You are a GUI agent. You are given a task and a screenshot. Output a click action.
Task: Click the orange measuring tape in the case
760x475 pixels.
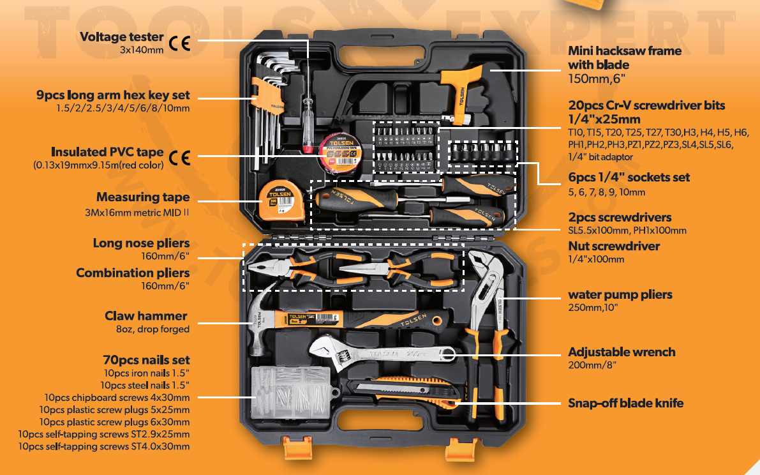(276, 199)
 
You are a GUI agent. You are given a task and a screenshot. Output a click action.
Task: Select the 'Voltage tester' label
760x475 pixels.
(121, 37)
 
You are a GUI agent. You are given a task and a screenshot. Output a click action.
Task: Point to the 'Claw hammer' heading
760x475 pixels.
(146, 316)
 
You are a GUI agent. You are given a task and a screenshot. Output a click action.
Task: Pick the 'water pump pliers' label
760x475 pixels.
(620, 295)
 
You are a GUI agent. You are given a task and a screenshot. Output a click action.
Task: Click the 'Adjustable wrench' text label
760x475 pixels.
(622, 352)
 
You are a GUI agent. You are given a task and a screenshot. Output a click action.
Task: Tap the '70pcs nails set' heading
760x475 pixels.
(146, 360)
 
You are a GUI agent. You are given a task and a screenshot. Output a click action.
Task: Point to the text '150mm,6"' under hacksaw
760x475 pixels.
(597, 79)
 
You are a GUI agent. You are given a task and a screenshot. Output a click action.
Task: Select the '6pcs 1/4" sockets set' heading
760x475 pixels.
(629, 177)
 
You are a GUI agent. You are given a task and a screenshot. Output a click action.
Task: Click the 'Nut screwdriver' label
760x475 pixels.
(614, 246)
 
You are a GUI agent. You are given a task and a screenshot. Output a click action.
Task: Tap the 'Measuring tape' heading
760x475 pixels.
(143, 197)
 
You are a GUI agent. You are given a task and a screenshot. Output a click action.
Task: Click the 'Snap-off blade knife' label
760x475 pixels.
(625, 403)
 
